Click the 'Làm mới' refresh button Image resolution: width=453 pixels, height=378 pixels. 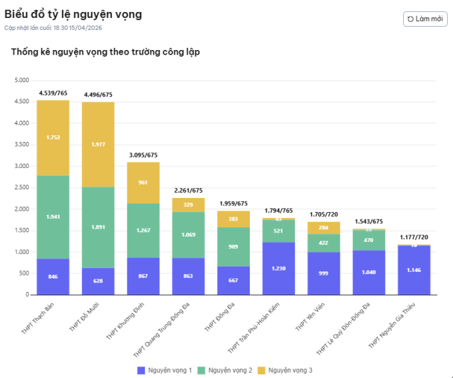(x=425, y=19)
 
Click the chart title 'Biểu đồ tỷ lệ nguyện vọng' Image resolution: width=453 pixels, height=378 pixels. (x=73, y=14)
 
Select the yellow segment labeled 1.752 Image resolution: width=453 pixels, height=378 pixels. (x=53, y=137)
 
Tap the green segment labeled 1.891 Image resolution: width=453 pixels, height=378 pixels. (x=98, y=227)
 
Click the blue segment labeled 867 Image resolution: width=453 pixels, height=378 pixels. (x=143, y=276)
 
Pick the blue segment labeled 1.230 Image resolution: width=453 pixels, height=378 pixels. (x=278, y=268)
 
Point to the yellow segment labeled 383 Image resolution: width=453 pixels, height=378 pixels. (x=234, y=219)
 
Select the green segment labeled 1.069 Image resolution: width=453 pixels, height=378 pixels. (x=189, y=235)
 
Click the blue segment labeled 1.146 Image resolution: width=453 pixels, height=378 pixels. (x=414, y=270)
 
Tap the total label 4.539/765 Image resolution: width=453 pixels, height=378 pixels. (x=53, y=93)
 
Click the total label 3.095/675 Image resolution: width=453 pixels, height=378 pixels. (x=143, y=155)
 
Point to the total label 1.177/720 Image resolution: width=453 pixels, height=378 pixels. (x=414, y=237)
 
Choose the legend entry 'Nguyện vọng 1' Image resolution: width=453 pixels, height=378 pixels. (x=165, y=369)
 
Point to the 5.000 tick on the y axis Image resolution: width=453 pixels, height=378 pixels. (x=21, y=80)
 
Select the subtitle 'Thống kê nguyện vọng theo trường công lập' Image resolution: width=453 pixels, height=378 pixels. (x=105, y=52)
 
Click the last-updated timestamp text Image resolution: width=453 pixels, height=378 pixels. (x=53, y=28)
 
